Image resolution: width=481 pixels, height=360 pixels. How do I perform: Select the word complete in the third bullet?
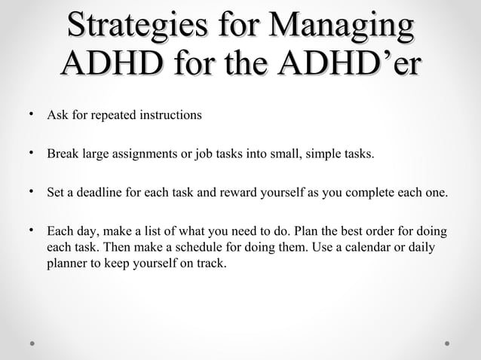(363, 193)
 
